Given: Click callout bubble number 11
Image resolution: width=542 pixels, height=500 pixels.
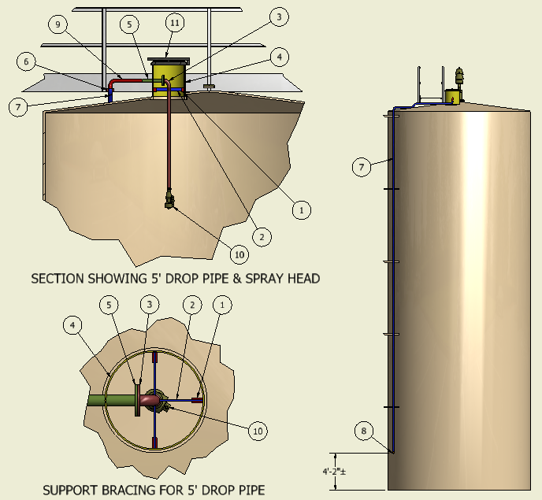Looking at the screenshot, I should coord(174,24).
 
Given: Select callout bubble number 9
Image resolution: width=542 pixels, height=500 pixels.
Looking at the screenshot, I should coord(58,24).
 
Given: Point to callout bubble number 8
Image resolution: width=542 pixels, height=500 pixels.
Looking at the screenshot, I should coord(363,431).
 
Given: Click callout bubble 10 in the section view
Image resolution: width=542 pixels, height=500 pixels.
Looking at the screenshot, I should coord(239,254).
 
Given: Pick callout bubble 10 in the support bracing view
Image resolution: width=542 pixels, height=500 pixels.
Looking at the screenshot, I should coord(258,430).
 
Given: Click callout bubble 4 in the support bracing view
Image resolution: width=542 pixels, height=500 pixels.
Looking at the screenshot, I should coord(73,325).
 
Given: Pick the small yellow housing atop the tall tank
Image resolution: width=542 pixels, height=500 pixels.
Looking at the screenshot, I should coord(452,97).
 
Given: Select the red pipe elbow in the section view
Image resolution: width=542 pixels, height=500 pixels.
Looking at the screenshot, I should coord(116,81).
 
